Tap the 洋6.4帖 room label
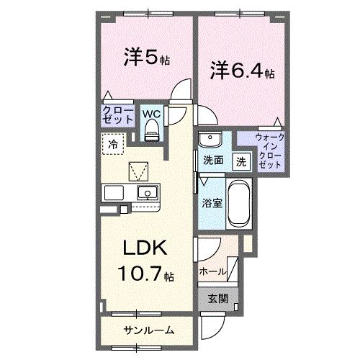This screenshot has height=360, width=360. (242, 71)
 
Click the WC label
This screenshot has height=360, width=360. (151, 114)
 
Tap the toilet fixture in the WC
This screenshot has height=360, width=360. (151, 130)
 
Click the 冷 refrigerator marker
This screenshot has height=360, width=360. (113, 144)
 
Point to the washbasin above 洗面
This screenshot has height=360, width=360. (210, 139)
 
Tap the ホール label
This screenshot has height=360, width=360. (212, 271)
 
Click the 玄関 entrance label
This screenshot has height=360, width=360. (217, 298)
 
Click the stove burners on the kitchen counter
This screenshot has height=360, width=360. (115, 193)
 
